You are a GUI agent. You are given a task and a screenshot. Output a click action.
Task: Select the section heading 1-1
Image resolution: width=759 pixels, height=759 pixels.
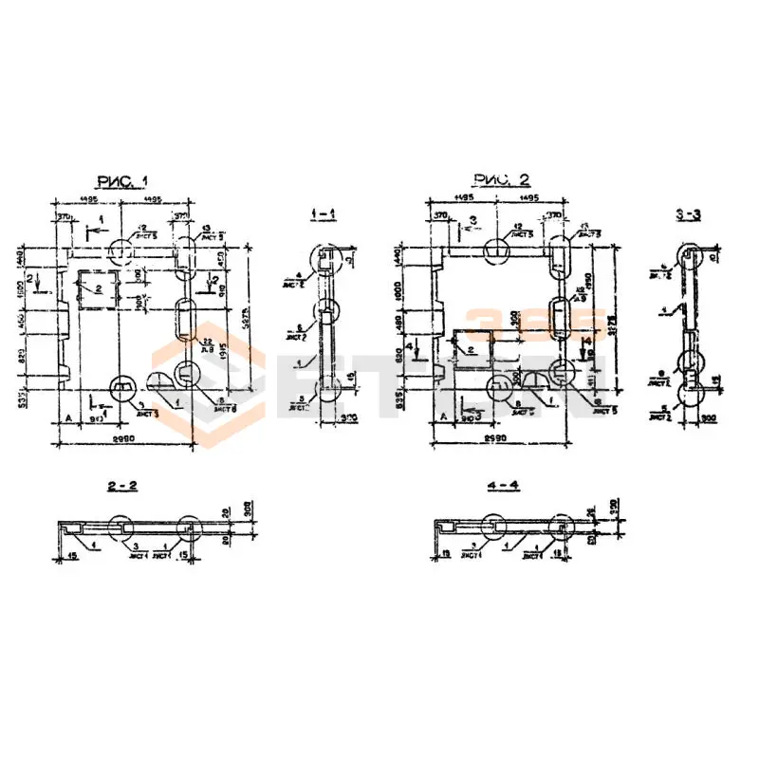[x=324, y=215]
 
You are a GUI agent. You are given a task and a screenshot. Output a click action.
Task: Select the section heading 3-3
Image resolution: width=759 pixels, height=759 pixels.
[x=689, y=215]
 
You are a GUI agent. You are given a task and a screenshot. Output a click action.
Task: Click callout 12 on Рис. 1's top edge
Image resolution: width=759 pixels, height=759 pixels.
[x=141, y=227]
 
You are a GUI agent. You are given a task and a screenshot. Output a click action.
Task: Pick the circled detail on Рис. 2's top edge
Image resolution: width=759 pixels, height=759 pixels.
[x=498, y=252]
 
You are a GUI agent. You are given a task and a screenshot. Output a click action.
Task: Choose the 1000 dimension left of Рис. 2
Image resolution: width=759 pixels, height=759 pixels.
[x=399, y=289]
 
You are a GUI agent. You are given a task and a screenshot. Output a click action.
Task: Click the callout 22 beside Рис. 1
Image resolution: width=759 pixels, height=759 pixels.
[x=207, y=340]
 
